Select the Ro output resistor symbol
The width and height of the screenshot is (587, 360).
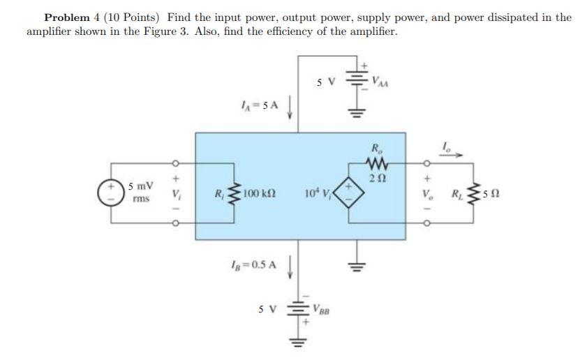point(376,164)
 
